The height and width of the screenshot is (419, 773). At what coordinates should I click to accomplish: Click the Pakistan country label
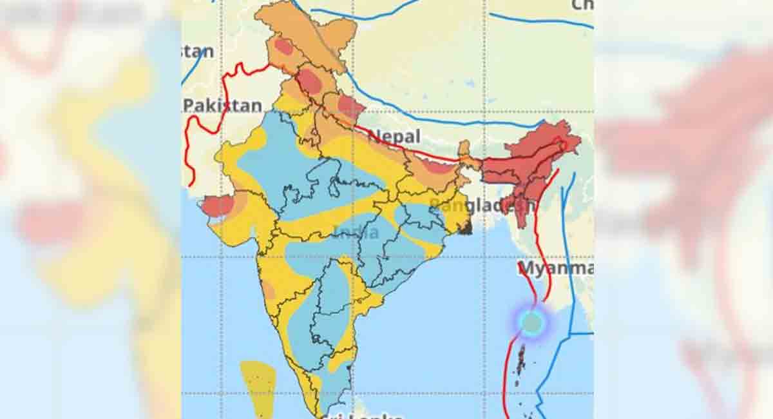tap(223, 106)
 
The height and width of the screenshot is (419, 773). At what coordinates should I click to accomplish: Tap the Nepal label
tap(394, 136)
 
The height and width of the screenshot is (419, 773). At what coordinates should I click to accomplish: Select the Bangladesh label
tap(482, 206)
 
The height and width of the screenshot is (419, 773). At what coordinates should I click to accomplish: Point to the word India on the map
tap(356, 232)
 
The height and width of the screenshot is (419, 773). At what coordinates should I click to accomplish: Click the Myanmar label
tap(555, 268)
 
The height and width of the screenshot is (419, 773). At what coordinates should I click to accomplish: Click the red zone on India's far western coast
tap(218, 206)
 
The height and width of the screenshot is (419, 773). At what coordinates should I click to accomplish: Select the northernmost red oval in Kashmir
tap(284, 46)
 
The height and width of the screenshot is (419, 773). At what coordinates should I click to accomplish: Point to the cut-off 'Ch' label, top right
tap(582, 5)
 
